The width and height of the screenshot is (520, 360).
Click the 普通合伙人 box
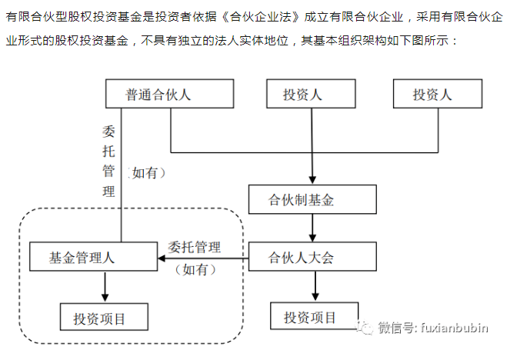point(169,95)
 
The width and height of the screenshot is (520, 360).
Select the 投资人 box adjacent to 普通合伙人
point(312,95)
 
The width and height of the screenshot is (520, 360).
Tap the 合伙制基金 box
point(312,200)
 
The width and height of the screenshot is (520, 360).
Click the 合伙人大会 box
point(312,257)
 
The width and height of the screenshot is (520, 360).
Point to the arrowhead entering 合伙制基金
point(312,178)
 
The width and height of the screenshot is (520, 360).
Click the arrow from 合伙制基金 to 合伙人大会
point(312,228)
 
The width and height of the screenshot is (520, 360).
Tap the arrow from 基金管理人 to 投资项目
point(104,286)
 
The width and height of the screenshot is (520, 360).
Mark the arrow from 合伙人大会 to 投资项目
point(312,286)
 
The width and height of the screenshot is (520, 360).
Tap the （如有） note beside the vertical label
point(146,174)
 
